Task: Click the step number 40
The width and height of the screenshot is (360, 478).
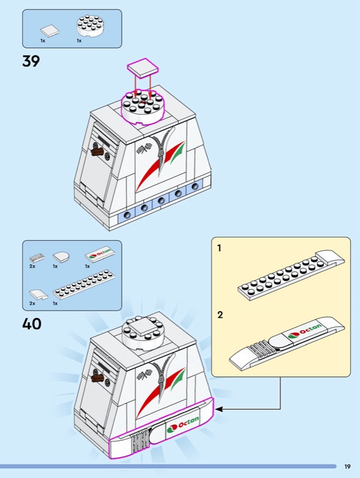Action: click(32, 324)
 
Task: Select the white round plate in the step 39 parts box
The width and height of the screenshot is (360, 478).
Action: click(88, 27)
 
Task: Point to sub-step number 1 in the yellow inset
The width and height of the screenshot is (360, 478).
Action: click(219, 247)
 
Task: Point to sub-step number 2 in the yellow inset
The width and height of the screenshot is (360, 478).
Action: click(220, 315)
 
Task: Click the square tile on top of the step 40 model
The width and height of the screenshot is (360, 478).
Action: click(142, 326)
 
